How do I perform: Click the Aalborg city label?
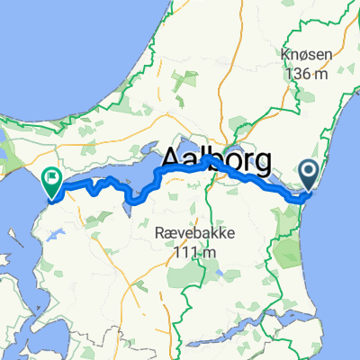216,162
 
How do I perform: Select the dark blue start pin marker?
310,175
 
